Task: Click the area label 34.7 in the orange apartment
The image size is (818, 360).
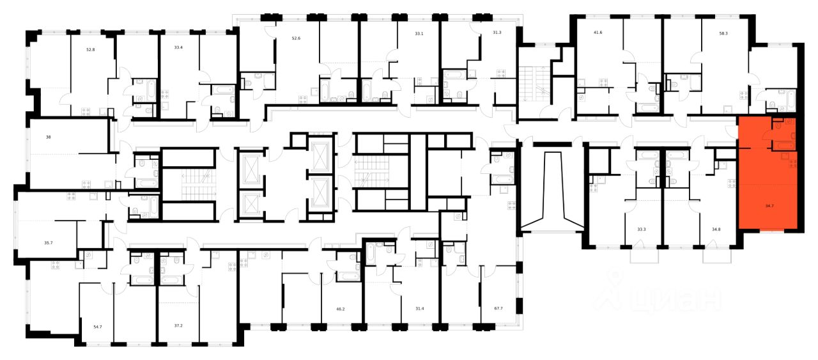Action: [x=769, y=207]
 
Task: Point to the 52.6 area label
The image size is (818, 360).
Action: [x=295, y=38]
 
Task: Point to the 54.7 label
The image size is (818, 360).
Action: [x=98, y=327]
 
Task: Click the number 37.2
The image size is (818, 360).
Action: [x=178, y=325]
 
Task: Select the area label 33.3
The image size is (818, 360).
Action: [x=642, y=228]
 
